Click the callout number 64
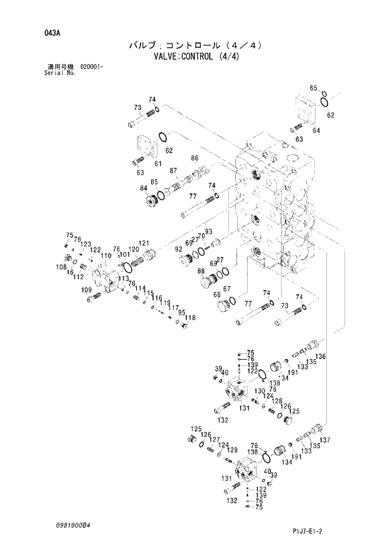[316, 130]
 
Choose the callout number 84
[144, 188]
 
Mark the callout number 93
[208, 232]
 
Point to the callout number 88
[201, 271]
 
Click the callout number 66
[217, 295]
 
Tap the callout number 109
[86, 289]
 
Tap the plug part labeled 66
[221, 308]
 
